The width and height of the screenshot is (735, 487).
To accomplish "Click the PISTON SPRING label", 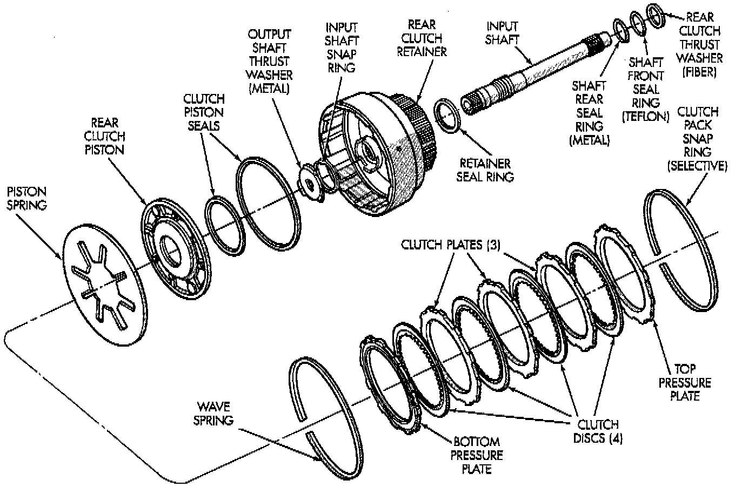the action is point(27,199).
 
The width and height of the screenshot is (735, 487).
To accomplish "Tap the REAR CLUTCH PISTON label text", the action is point(104,137).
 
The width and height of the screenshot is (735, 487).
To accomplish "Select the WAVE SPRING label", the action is point(213,414).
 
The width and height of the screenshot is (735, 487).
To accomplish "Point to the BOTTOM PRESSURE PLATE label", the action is point(477,455).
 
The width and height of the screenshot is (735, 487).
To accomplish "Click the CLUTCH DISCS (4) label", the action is point(598,431).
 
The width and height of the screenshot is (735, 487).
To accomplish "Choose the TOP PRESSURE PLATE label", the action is point(685,382).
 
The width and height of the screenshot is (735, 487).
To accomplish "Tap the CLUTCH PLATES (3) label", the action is point(451,245).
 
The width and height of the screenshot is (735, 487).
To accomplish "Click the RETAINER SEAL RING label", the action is point(485,170).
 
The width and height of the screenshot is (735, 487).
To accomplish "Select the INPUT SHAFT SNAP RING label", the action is point(342,48).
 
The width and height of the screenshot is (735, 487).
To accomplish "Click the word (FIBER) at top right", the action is point(699,72).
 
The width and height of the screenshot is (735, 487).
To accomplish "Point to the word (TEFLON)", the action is point(645,117).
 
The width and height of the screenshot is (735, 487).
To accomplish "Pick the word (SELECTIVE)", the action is point(697,166).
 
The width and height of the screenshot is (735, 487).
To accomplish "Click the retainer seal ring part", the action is point(447,116).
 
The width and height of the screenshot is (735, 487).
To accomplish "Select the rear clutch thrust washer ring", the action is point(656,16).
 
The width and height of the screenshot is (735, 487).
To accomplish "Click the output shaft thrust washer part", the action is point(310,183).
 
